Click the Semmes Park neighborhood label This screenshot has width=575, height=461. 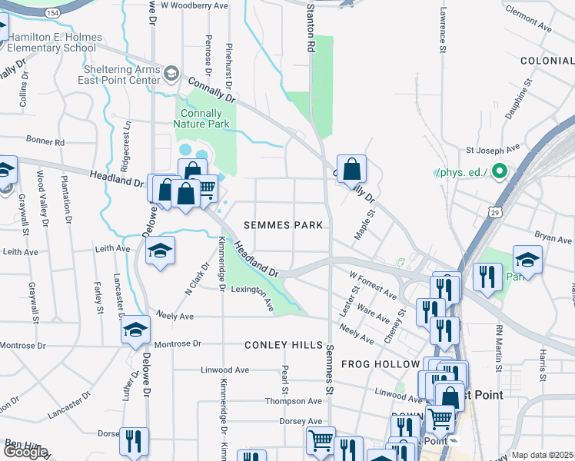(282, 225)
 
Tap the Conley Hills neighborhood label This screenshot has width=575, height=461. (283, 346)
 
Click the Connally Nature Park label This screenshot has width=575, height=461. (201, 118)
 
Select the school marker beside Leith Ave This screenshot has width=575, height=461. (160, 251)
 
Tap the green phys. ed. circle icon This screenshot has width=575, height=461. (500, 171)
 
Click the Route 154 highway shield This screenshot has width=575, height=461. (52, 13)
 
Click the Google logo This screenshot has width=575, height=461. (25, 452)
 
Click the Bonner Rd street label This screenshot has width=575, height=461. (45, 142)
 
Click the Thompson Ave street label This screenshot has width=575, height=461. (294, 401)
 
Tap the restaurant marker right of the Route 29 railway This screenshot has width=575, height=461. (487, 277)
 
